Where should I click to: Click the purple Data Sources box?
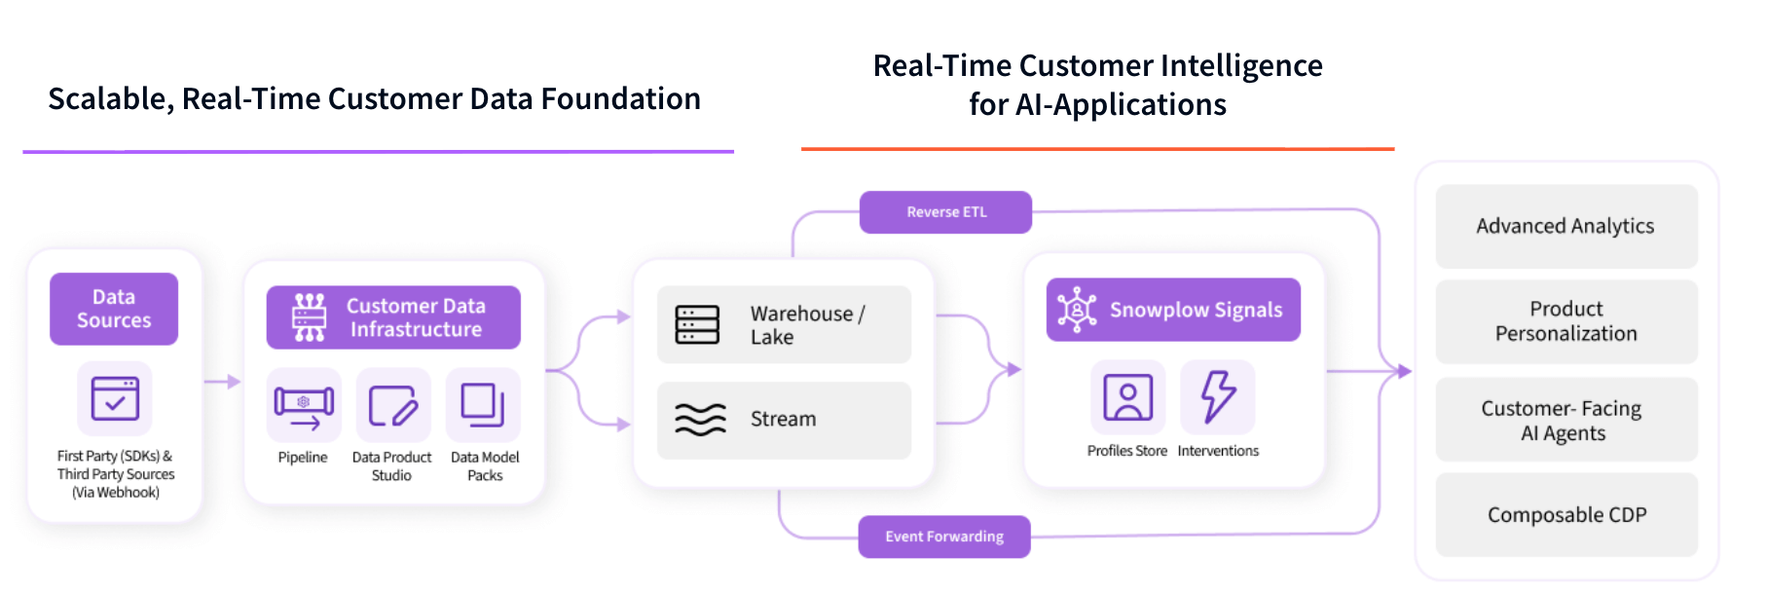click(114, 309)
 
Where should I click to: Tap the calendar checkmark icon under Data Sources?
click(115, 398)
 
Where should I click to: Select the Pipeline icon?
click(304, 405)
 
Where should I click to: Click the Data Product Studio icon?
click(392, 405)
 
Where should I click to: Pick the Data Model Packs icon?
click(483, 405)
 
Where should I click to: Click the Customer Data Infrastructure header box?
click(393, 317)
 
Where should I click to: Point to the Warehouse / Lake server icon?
click(697, 324)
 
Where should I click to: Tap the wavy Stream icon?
click(700, 420)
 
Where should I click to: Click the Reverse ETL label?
click(945, 212)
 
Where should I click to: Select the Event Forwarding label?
click(943, 537)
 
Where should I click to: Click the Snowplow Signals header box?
click(1173, 310)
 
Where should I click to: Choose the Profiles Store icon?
click(1127, 397)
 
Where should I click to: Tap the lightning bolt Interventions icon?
click(1217, 397)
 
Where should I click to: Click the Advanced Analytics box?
click(1565, 226)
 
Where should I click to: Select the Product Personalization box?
click(1565, 321)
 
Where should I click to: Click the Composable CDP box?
click(1565, 515)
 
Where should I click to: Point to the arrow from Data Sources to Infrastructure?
click(223, 382)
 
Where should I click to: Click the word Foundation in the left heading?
click(620, 98)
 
